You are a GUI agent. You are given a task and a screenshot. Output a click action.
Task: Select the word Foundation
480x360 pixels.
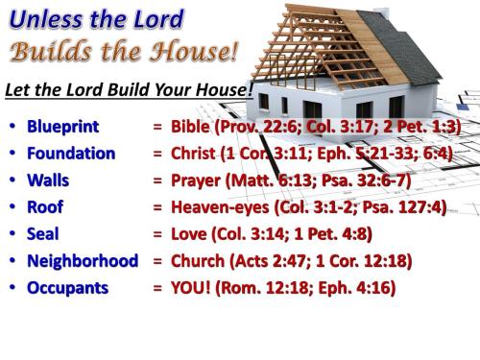[71, 153]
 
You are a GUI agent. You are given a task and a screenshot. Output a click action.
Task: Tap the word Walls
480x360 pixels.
[49, 180]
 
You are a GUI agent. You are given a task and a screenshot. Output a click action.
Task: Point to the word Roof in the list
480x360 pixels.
[46, 205]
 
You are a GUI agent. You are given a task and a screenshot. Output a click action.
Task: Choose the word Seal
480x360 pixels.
[44, 232]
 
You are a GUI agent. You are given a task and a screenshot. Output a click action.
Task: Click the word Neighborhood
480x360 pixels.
[83, 259]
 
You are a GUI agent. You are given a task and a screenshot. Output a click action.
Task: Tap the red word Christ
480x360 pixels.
[195, 153]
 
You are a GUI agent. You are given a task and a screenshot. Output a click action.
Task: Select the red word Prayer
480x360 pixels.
[198, 180]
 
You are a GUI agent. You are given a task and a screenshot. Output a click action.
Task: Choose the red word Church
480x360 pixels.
[198, 259]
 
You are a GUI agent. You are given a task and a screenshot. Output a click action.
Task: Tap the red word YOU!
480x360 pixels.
[190, 286]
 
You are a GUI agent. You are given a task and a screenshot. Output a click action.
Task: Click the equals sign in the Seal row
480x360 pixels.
[157, 232]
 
